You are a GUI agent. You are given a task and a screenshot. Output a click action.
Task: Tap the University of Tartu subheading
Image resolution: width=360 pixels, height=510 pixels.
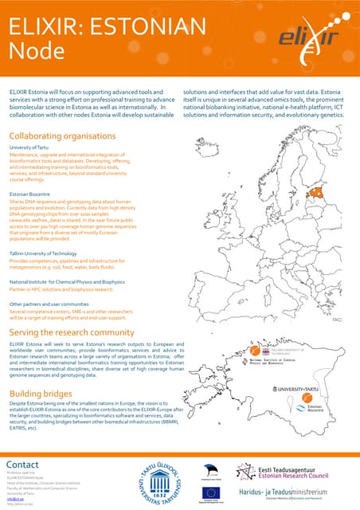pos(30,148)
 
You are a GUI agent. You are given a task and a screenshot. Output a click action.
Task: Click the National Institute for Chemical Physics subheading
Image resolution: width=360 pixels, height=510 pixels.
pos(67,281)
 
